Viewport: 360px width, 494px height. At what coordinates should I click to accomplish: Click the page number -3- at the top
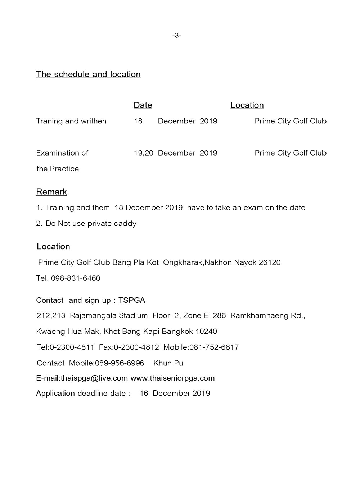tap(176, 35)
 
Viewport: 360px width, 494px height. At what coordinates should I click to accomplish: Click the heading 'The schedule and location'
tap(88, 74)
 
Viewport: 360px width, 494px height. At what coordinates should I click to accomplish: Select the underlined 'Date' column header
tap(143, 105)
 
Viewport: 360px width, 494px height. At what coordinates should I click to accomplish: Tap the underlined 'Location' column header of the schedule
tap(247, 105)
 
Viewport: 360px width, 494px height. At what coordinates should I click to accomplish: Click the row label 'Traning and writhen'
tap(71, 121)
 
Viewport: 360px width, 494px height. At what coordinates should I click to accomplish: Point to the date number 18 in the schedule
tap(138, 121)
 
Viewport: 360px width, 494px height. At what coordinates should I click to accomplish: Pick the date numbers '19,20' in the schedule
tap(144, 153)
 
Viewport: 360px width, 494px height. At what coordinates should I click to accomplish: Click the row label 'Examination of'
tap(62, 153)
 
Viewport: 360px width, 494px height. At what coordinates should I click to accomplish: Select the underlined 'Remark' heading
tap(51, 192)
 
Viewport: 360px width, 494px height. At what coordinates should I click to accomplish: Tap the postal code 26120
tap(270, 262)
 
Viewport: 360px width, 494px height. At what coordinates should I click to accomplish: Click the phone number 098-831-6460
tap(76, 278)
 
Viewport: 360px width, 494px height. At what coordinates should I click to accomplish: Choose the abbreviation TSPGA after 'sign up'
tap(132, 300)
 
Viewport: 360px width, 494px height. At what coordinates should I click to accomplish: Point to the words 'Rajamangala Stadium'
tap(109, 315)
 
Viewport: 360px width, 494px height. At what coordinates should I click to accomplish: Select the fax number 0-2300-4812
tap(136, 347)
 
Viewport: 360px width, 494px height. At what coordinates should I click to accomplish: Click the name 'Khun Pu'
tap(168, 363)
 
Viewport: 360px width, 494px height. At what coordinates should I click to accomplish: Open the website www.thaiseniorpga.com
tap(172, 378)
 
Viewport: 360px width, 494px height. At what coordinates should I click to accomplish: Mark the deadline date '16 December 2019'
tap(175, 393)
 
